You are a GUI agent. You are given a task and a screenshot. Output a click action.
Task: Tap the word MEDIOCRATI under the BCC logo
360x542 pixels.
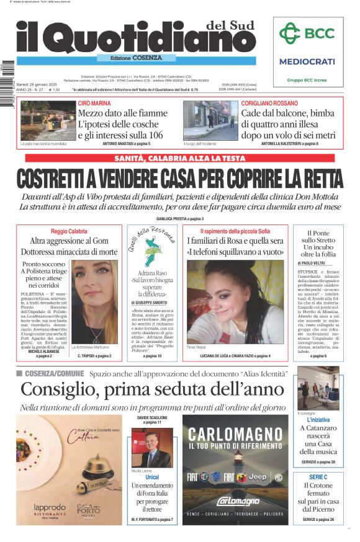pyautogui.click(x=307, y=61)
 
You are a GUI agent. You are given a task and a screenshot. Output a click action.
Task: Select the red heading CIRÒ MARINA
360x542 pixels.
pyautogui.click(x=94, y=102)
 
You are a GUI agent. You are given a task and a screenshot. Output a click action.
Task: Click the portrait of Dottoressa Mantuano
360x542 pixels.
pyautogui.click(x=94, y=301)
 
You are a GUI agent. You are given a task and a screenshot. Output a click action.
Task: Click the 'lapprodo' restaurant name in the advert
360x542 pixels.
pyautogui.click(x=50, y=507)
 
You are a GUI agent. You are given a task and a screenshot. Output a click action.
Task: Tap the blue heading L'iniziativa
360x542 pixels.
pyautogui.click(x=318, y=420)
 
